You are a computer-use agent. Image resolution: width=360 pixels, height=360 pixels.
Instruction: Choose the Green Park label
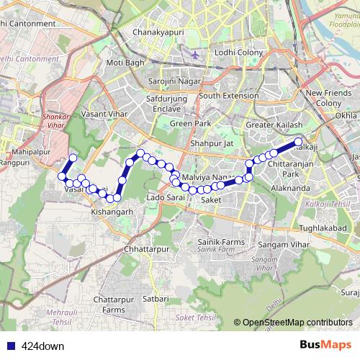pyautogui.click(x=190, y=124)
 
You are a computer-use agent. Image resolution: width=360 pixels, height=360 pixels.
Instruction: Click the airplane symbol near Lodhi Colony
pyautogui.click(x=196, y=55)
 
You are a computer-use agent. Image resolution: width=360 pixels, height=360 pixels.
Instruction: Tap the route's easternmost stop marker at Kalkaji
pyautogui.click(x=298, y=143)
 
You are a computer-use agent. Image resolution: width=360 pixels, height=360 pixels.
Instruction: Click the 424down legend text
pyautogui.click(x=42, y=345)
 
